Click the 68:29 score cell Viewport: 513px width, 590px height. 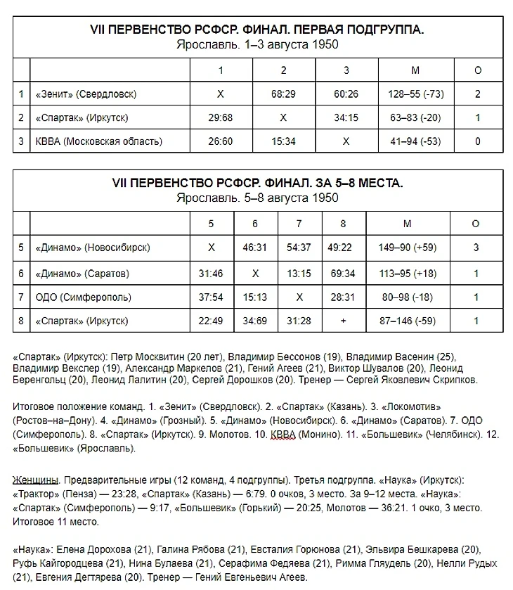click(x=283, y=94)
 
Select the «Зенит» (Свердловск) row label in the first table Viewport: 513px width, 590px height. click(x=86, y=94)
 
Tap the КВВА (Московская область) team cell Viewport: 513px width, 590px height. click(x=98, y=141)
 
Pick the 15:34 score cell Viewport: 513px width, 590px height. click(x=283, y=141)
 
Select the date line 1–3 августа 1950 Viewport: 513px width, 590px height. click(x=257, y=44)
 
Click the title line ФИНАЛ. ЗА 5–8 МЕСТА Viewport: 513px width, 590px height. click(x=257, y=183)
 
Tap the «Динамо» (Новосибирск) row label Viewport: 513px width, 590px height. click(x=92, y=248)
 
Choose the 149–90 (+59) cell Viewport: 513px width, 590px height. click(x=407, y=248)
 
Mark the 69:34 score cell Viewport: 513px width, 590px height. click(x=343, y=273)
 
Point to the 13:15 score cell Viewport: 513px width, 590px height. click(x=299, y=273)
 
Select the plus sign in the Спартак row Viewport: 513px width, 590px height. click(x=343, y=321)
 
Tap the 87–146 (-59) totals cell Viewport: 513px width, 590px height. click(x=407, y=321)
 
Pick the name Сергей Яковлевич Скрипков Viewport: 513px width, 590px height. click(x=414, y=380)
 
